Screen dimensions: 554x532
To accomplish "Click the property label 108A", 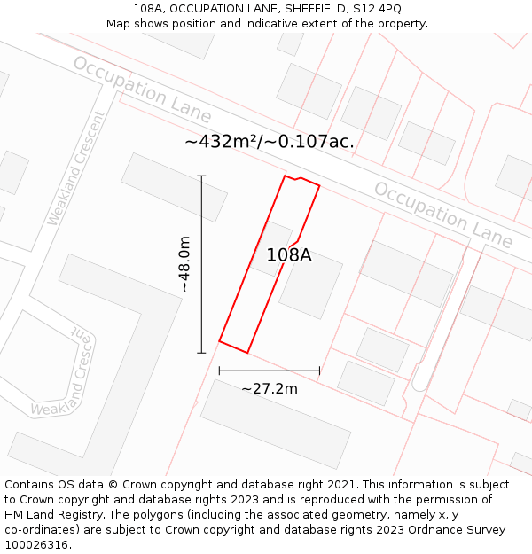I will click(x=289, y=255).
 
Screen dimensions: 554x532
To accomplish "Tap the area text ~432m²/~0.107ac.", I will click(x=270, y=142).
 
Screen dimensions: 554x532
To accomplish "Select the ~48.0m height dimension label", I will click(x=184, y=263).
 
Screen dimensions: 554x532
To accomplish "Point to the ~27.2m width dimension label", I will click(x=270, y=388).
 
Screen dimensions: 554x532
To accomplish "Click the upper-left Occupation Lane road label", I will click(x=142, y=90).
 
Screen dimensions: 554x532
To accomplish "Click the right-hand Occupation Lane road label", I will click(x=442, y=215).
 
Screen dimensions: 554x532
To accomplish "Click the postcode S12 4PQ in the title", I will click(x=379, y=8).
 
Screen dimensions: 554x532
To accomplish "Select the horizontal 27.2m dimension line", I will click(x=270, y=371).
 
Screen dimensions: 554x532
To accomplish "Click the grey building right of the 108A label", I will click(x=311, y=285).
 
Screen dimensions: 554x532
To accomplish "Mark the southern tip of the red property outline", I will click(x=247, y=353).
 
